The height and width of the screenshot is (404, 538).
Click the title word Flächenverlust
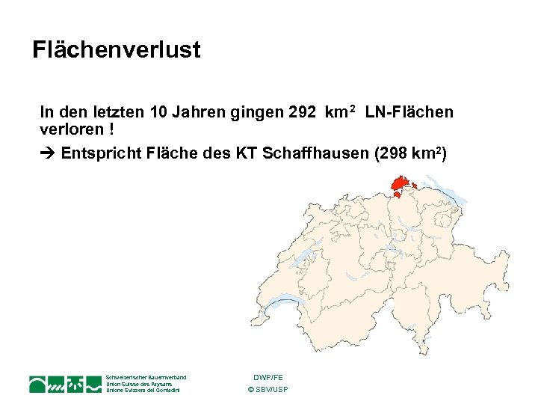coord(117,50)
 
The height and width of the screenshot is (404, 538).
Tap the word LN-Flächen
coord(409,112)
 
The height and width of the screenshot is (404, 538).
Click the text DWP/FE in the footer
coord(268,377)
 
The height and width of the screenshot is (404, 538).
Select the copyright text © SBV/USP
coord(268,390)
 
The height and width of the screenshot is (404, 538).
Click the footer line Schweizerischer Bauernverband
coord(146,377)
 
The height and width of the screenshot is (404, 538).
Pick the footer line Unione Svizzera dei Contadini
coord(145,391)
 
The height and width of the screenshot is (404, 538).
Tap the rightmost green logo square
coord(93,384)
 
